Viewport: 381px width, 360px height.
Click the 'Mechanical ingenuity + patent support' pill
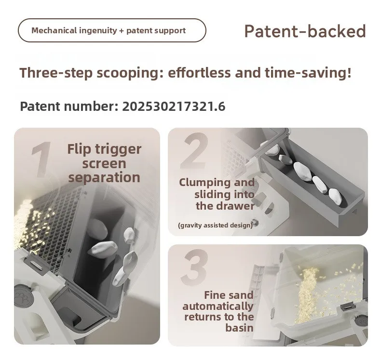pos(112,30)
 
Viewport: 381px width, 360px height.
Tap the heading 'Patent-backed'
pos(305,31)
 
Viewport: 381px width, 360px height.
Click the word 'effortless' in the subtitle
pos(199,73)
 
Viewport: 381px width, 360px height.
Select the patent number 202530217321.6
pos(174,107)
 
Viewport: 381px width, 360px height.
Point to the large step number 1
pos(41,160)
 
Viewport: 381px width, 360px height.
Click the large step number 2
pos(195,151)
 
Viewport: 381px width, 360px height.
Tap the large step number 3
pos(194,267)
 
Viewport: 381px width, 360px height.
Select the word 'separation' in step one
pos(104,177)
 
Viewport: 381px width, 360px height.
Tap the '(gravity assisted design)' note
pos(216,225)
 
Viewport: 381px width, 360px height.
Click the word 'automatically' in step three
pos(218,307)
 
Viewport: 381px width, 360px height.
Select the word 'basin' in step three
pos(239,328)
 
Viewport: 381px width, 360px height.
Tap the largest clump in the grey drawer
pos(302,172)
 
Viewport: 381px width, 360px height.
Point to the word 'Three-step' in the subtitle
pos(56,73)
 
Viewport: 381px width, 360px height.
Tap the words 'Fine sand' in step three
pos(229,295)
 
